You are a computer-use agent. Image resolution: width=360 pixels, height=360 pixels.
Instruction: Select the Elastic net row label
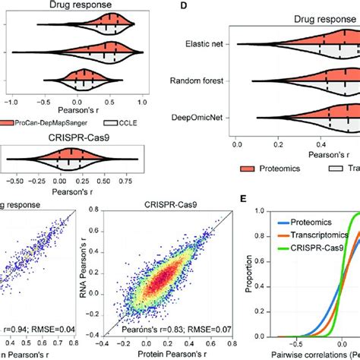tap(200, 45)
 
